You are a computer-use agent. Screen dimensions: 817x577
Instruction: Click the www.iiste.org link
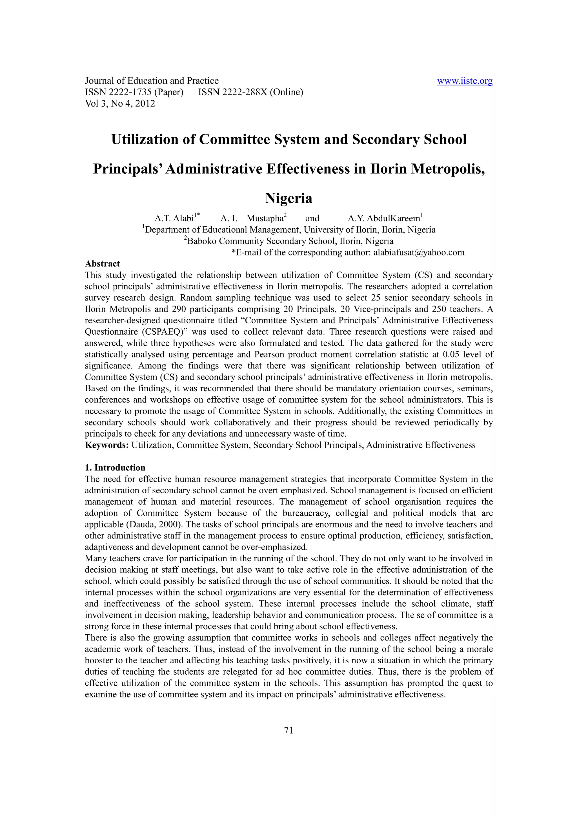pyautogui.click(x=464, y=81)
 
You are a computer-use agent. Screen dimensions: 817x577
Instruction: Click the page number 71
pyautogui.click(x=288, y=730)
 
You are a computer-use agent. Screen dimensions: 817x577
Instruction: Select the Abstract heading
pyautogui.click(x=102, y=264)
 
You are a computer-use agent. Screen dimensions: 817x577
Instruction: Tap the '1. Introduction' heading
pyautogui.click(x=115, y=468)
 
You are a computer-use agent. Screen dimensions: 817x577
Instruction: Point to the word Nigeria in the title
pyautogui.click(x=288, y=198)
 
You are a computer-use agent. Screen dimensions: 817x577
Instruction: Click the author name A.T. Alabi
pyautogui.click(x=174, y=218)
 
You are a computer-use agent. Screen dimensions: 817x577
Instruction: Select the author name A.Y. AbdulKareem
pyautogui.click(x=384, y=218)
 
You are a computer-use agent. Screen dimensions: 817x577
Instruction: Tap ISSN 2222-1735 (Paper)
pyautogui.click(x=134, y=92)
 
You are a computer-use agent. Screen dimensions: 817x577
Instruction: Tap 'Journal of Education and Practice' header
pyautogui.click(x=152, y=81)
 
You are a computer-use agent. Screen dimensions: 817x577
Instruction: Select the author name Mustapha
pyautogui.click(x=265, y=218)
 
